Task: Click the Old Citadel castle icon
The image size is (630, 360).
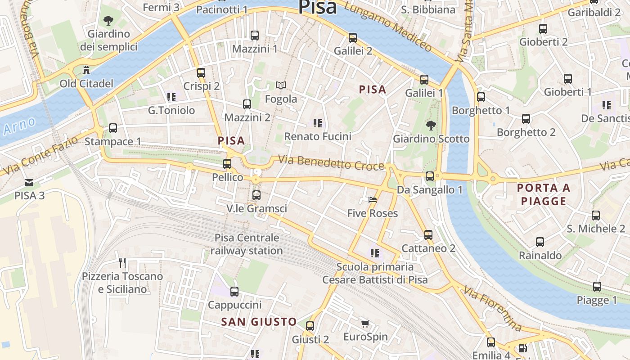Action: pyautogui.click(x=86, y=70)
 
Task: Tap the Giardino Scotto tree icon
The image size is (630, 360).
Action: pyautogui.click(x=431, y=125)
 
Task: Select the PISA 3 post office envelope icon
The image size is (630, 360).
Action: pyautogui.click(x=29, y=182)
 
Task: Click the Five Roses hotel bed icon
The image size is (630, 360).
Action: pyautogui.click(x=372, y=199)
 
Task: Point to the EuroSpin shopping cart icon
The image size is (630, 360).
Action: pyautogui.click(x=365, y=323)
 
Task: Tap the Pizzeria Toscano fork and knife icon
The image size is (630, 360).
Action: pyautogui.click(x=122, y=262)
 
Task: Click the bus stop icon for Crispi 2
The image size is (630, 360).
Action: pyautogui.click(x=201, y=72)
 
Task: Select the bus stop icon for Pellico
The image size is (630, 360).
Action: pyautogui.click(x=227, y=163)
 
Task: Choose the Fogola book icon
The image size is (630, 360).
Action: pyautogui.click(x=281, y=85)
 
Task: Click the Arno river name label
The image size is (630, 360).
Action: pyautogui.click(x=19, y=126)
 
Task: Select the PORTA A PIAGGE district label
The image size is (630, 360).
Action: pyautogui.click(x=544, y=194)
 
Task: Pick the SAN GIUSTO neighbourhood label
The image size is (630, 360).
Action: pyautogui.click(x=259, y=322)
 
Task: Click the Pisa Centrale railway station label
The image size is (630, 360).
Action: pyautogui.click(x=247, y=244)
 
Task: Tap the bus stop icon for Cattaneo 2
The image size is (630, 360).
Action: pyautogui.click(x=428, y=234)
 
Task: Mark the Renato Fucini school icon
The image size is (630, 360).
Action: pyautogui.click(x=317, y=123)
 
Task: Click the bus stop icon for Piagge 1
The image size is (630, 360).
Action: pyautogui.click(x=597, y=286)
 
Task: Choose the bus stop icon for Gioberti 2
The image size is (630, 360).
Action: pyautogui.click(x=543, y=29)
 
